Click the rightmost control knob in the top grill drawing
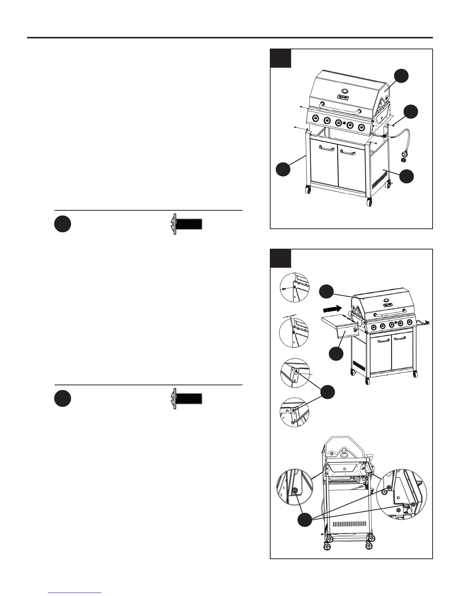coord(362,127)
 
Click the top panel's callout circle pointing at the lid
coord(402,76)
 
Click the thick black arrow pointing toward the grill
coord(332,309)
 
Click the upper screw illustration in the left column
coord(187,224)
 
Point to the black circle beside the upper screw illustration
coord(63,225)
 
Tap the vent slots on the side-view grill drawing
coord(349,523)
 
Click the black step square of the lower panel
coord(280,258)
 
